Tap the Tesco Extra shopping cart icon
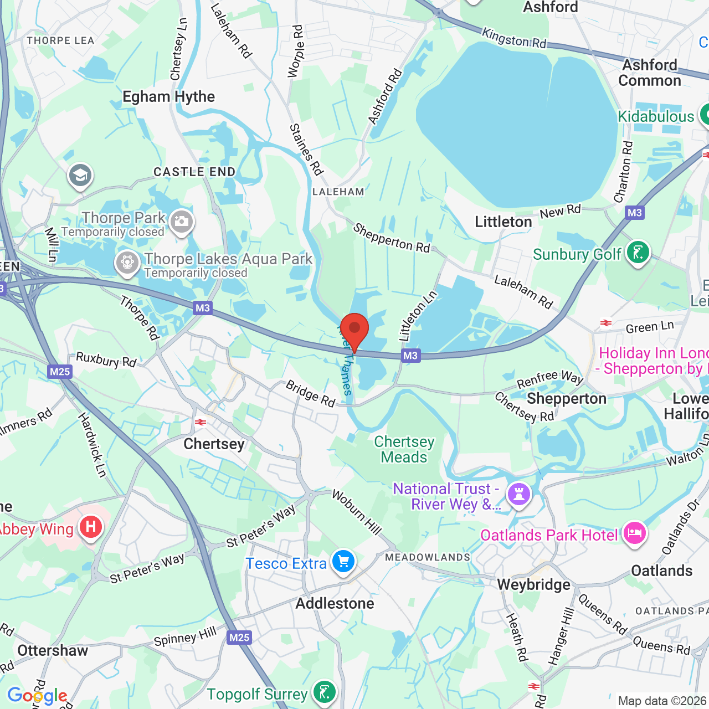click(x=343, y=562)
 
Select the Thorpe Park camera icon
click(x=181, y=222)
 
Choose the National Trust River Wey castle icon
click(x=519, y=494)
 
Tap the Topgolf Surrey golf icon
click(x=324, y=692)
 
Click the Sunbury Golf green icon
click(x=638, y=253)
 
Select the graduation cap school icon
click(x=80, y=176)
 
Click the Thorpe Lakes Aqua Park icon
click(x=127, y=263)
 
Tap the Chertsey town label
click(x=214, y=444)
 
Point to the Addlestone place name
click(x=335, y=603)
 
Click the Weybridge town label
click(x=533, y=585)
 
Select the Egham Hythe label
click(x=168, y=97)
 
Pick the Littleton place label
click(x=503, y=222)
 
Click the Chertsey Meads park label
click(x=404, y=449)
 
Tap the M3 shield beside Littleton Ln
click(x=410, y=356)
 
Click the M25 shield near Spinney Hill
click(x=239, y=638)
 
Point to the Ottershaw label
click(x=53, y=650)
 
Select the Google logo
click(x=37, y=696)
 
